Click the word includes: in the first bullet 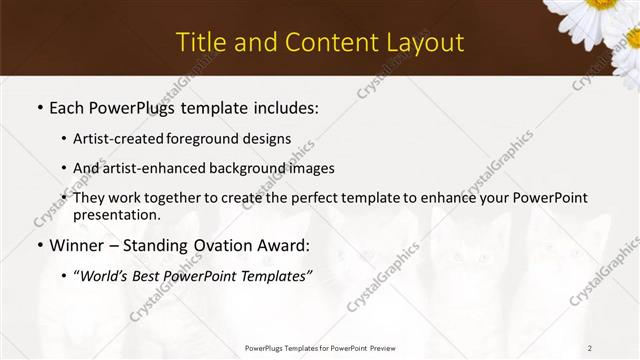281,106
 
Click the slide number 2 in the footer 590,348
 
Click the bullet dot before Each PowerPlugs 40,107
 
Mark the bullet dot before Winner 40,245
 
